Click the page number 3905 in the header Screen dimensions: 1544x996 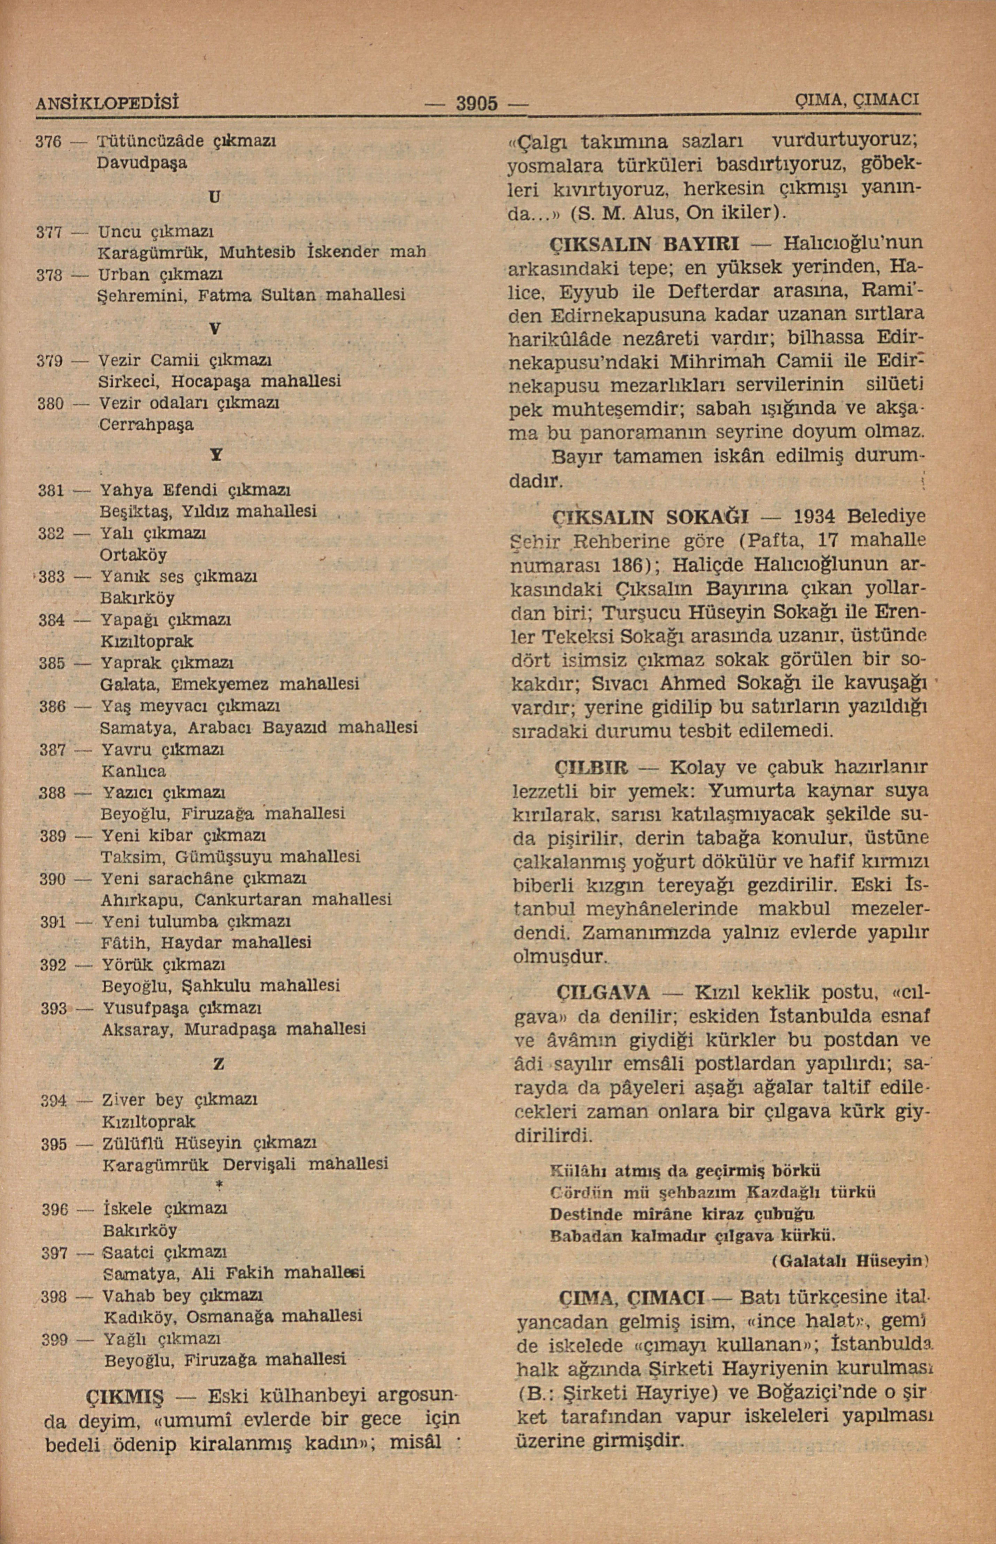pos(477,103)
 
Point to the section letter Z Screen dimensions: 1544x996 pos(219,1063)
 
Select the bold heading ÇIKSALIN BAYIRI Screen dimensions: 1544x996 pos(644,244)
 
